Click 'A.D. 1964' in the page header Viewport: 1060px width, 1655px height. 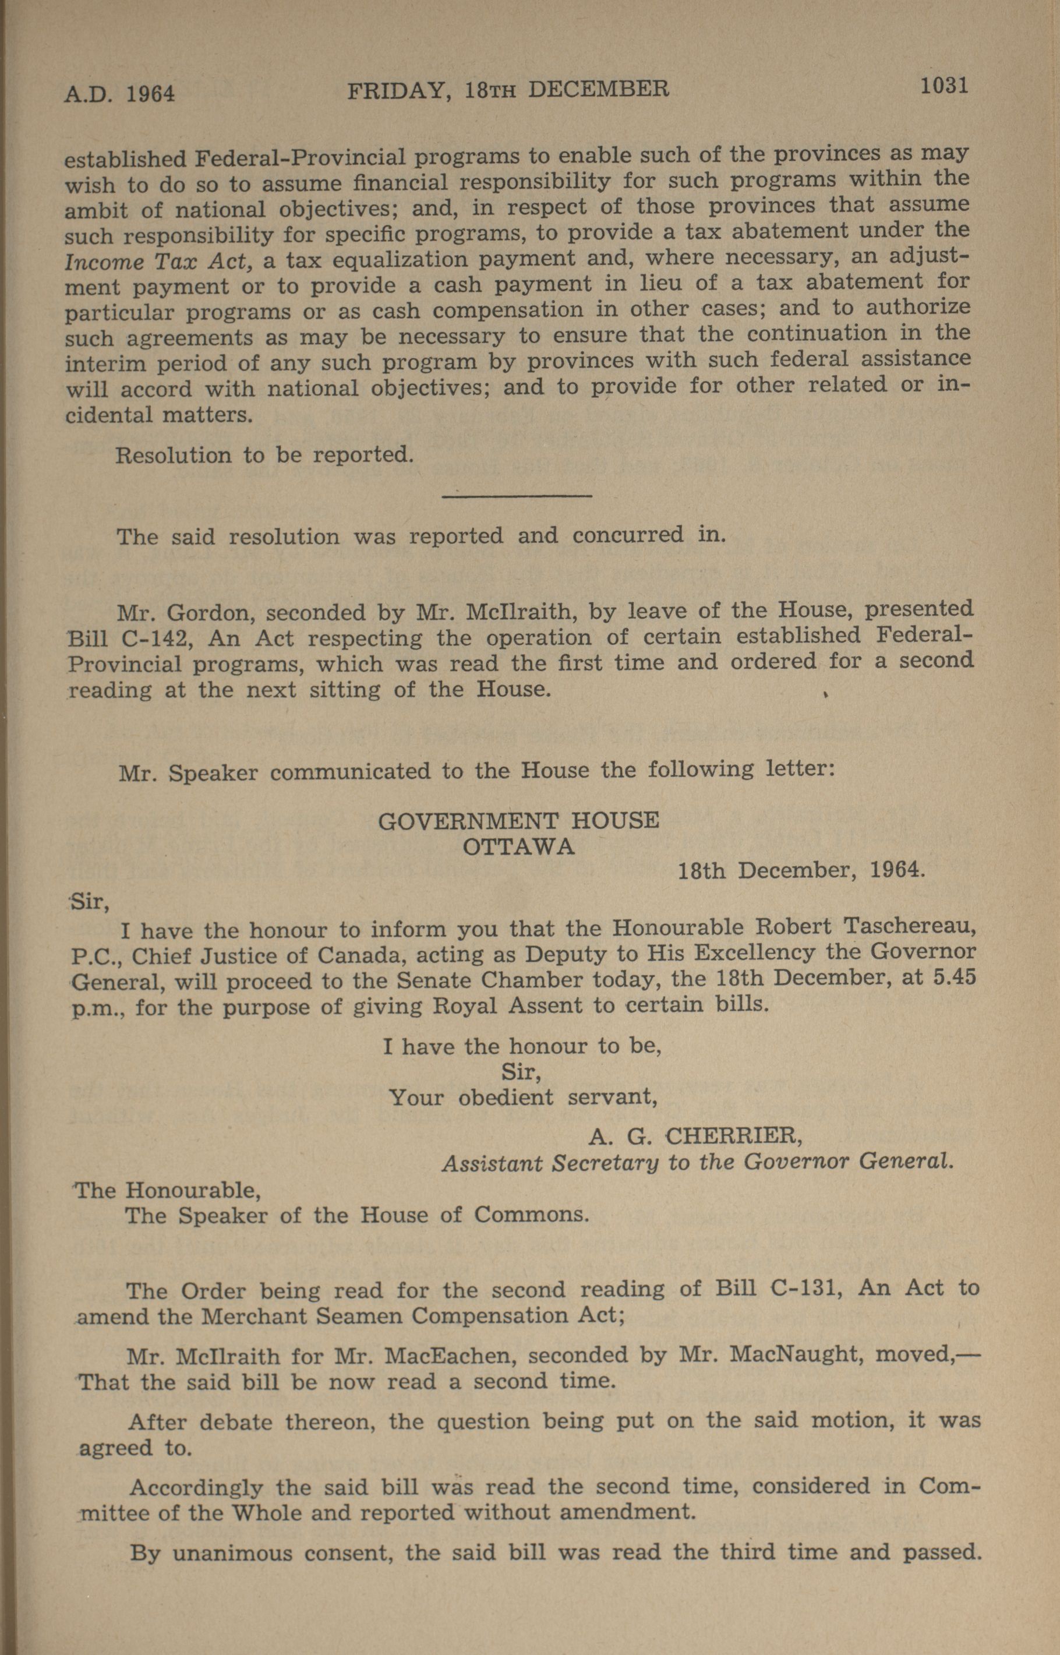point(120,92)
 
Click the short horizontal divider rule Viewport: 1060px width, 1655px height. point(517,495)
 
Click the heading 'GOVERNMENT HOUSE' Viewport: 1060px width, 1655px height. point(518,821)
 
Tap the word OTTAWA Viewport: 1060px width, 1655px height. point(518,846)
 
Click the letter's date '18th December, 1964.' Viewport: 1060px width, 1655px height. point(801,871)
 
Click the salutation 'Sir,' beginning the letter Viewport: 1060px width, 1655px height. point(86,901)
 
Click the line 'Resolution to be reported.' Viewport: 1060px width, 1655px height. point(264,455)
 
